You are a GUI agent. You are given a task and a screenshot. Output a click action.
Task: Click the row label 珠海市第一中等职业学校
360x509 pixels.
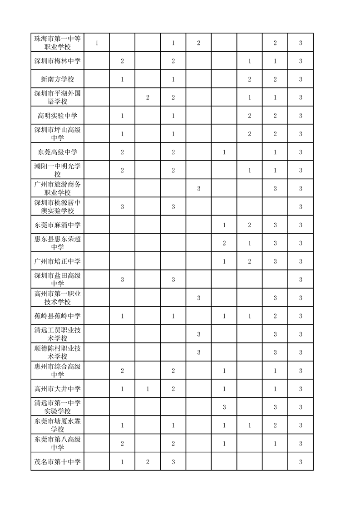click(x=57, y=43)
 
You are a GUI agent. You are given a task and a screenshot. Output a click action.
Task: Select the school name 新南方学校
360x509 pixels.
click(x=57, y=79)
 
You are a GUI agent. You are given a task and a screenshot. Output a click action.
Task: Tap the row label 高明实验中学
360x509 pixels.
click(x=57, y=116)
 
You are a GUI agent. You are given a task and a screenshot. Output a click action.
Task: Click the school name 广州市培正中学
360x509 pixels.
click(x=57, y=261)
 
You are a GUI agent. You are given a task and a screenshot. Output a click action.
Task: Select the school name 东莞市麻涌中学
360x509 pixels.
click(x=57, y=225)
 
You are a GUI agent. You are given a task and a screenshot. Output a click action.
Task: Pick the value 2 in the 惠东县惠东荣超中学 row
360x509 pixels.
click(x=224, y=243)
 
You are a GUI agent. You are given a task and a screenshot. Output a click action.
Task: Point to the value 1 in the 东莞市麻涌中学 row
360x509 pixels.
click(x=224, y=225)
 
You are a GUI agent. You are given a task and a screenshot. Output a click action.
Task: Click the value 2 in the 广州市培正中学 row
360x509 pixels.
click(x=250, y=261)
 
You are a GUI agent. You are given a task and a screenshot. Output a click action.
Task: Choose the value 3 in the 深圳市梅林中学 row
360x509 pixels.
click(x=301, y=61)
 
